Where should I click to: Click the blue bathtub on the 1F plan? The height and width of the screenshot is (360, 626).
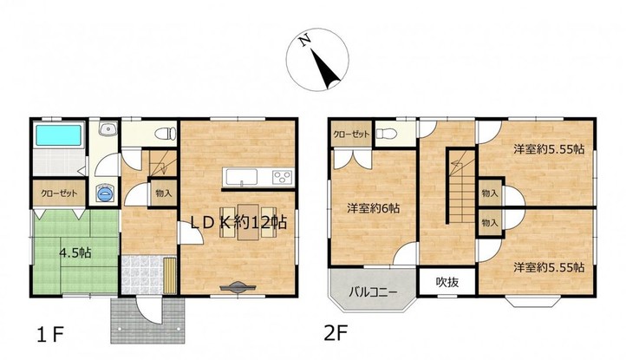[59, 135]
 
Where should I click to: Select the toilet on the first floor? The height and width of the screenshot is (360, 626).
[166, 133]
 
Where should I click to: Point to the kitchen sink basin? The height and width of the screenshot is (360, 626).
[242, 177]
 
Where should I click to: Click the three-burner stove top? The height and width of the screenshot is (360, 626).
[282, 177]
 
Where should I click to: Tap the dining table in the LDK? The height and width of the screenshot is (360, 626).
[248, 222]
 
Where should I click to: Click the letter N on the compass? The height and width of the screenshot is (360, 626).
[305, 41]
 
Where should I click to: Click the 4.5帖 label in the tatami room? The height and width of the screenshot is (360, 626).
[75, 252]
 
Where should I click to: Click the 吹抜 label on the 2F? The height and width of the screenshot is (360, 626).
[447, 282]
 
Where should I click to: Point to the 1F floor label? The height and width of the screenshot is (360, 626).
[50, 335]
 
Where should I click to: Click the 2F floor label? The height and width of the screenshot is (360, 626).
[336, 333]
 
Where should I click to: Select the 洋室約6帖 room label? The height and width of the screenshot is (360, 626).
[373, 208]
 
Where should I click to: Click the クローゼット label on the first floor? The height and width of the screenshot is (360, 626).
[59, 193]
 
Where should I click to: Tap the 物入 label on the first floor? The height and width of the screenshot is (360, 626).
[163, 193]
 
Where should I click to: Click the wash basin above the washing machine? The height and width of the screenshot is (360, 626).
[108, 129]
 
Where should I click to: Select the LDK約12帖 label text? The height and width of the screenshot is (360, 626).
[238, 223]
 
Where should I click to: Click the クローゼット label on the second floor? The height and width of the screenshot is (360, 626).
[351, 134]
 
